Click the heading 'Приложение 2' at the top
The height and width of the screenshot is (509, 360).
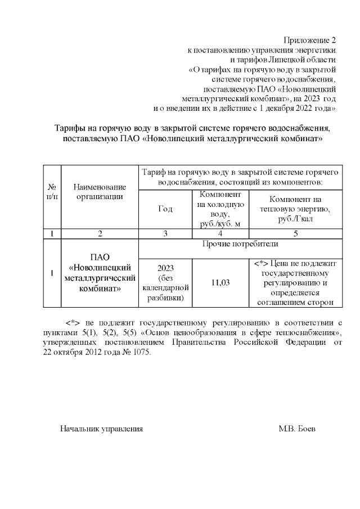(x=309, y=40)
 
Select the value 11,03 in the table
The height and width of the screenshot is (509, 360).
(x=220, y=282)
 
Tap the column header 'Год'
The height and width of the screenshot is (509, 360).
(x=165, y=208)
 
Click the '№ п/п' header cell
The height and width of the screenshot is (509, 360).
(x=52, y=191)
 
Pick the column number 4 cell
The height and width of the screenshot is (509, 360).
(x=220, y=233)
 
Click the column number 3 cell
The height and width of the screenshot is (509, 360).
(x=165, y=233)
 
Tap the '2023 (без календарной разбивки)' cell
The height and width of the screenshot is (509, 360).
(x=165, y=282)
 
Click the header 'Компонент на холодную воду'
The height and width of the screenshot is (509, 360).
(x=220, y=208)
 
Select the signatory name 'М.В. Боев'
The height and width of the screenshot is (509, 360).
(x=297, y=429)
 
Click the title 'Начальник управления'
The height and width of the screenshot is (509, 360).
(x=101, y=429)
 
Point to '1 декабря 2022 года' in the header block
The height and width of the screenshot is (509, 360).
(x=298, y=107)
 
